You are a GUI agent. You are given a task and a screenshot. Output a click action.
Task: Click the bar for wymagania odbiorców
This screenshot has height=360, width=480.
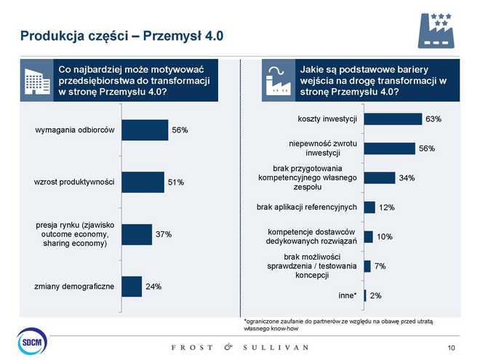point(145,129)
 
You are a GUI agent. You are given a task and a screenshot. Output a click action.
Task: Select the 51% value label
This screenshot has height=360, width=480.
point(176,182)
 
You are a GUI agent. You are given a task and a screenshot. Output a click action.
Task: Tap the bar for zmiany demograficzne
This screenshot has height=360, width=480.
point(132,287)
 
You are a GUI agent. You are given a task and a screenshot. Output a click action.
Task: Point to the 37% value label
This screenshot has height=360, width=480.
point(163,234)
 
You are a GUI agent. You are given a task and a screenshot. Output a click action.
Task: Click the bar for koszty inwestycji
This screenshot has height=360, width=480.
point(393,119)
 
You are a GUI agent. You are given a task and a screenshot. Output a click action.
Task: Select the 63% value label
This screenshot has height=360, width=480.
point(433,119)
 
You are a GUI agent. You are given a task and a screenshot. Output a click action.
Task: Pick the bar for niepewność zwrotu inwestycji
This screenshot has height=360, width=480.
point(389,148)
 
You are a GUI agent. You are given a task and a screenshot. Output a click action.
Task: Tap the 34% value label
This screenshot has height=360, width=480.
point(407,178)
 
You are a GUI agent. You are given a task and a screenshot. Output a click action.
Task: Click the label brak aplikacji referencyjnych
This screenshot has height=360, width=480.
point(306,207)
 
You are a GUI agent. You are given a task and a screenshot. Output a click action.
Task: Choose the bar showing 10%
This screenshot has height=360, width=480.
point(368,237)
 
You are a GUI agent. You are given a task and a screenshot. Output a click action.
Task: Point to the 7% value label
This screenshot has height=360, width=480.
point(380,266)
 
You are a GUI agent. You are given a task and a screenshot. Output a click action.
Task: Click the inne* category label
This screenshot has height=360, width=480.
point(348,295)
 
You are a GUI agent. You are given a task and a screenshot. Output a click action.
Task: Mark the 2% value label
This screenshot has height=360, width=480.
point(376,296)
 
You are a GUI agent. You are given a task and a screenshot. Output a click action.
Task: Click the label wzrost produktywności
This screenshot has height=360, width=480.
point(74,182)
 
